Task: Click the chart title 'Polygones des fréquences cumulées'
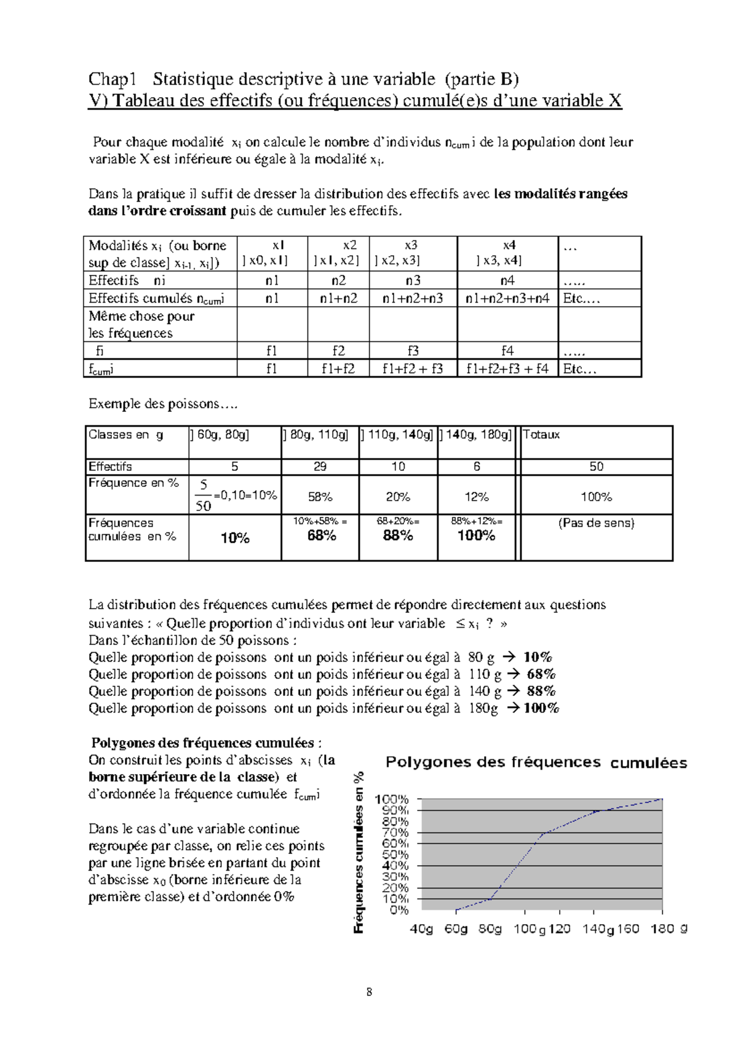[x=536, y=762]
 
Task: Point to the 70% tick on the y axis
[x=395, y=832]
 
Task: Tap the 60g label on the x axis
[x=456, y=929]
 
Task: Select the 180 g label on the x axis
[x=669, y=929]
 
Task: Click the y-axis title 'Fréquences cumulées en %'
[x=359, y=852]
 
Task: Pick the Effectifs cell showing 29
[x=320, y=467]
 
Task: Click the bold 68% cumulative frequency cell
[x=321, y=536]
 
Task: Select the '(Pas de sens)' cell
[x=596, y=523]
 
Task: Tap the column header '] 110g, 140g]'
[x=397, y=435]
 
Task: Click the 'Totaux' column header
[x=541, y=435]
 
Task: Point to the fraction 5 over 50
[x=203, y=496]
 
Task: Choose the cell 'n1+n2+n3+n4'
[x=507, y=298]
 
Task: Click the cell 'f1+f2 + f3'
[x=412, y=369]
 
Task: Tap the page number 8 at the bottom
[x=369, y=992]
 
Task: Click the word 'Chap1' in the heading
[x=112, y=79]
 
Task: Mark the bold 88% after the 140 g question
[x=541, y=691]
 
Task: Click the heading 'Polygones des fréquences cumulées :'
[x=206, y=743]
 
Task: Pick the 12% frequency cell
[x=476, y=497]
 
